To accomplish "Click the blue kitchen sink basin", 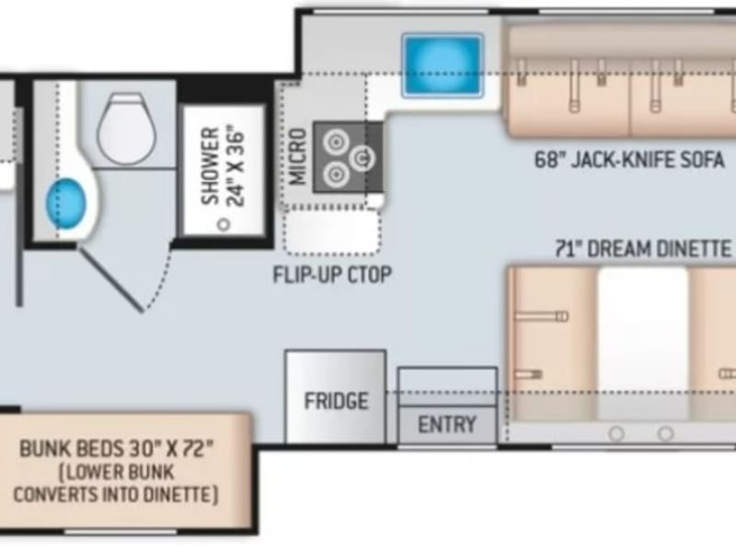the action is (443, 64).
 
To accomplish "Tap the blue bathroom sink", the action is (65, 203).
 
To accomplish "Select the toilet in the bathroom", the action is (126, 129).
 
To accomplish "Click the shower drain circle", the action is (224, 224).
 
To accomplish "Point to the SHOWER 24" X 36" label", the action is (224, 166).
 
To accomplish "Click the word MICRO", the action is (298, 156).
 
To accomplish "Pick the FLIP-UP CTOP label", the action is (332, 274).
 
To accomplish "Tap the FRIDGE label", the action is (336, 401).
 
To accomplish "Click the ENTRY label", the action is (447, 425).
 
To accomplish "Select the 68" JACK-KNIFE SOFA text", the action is (629, 160).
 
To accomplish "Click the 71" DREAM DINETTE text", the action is (643, 248).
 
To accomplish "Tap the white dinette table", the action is (643, 343).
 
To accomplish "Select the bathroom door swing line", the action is (109, 279).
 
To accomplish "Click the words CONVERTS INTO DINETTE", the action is (116, 495).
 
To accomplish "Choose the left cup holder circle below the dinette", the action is (616, 433).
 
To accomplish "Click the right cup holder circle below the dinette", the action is (665, 433).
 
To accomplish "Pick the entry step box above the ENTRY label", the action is (447, 386).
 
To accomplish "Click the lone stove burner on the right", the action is (362, 158).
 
